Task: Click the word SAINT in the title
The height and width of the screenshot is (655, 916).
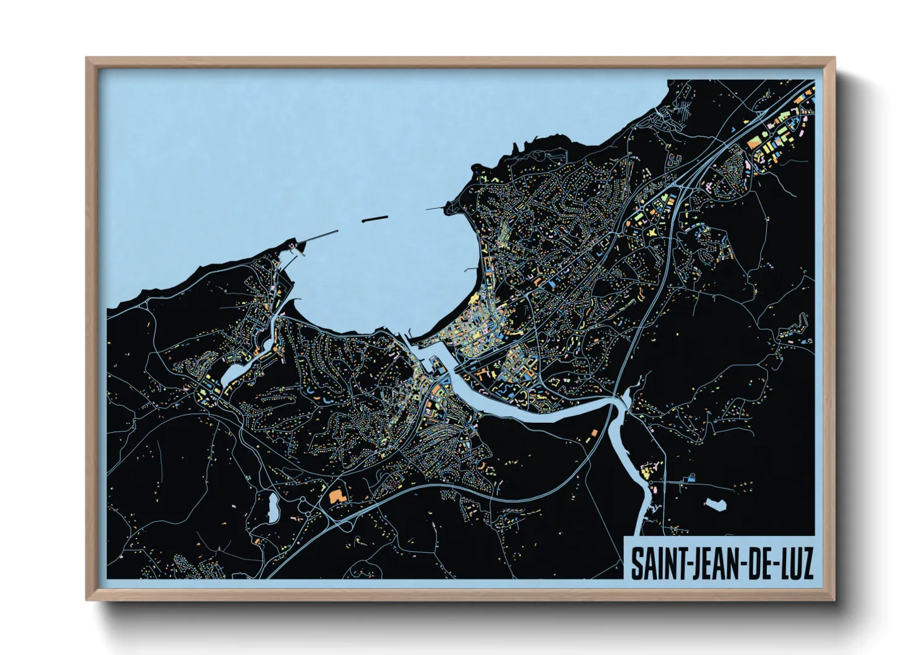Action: (656, 562)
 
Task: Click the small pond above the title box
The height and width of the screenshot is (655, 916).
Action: (715, 505)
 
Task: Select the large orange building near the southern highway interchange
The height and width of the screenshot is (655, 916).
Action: (336, 495)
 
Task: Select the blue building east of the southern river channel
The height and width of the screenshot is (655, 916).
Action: (691, 477)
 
